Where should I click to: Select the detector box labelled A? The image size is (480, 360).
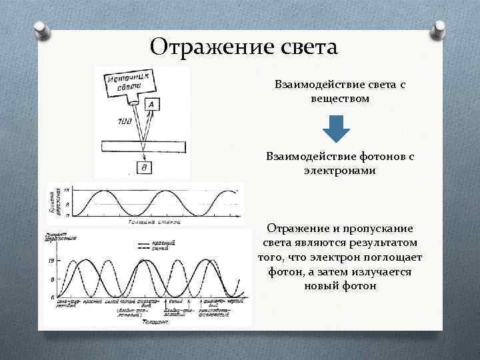pyautogui.click(x=152, y=105)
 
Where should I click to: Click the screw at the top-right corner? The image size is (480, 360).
pyautogui.click(x=440, y=28)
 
